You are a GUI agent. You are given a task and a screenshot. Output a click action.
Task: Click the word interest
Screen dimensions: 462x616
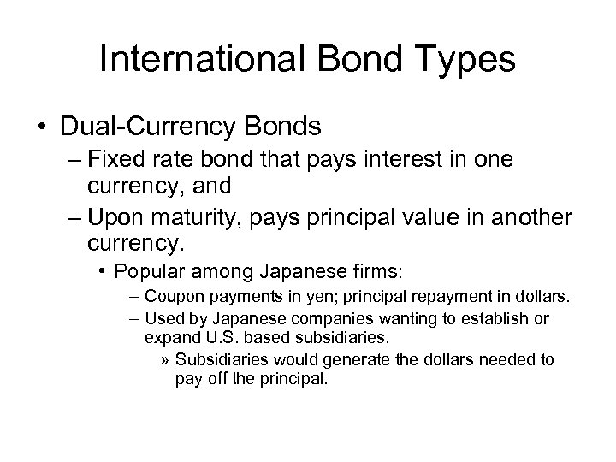pyautogui.click(x=407, y=163)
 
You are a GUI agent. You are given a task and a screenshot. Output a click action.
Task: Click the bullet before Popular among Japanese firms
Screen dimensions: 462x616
pyautogui.click(x=102, y=271)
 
